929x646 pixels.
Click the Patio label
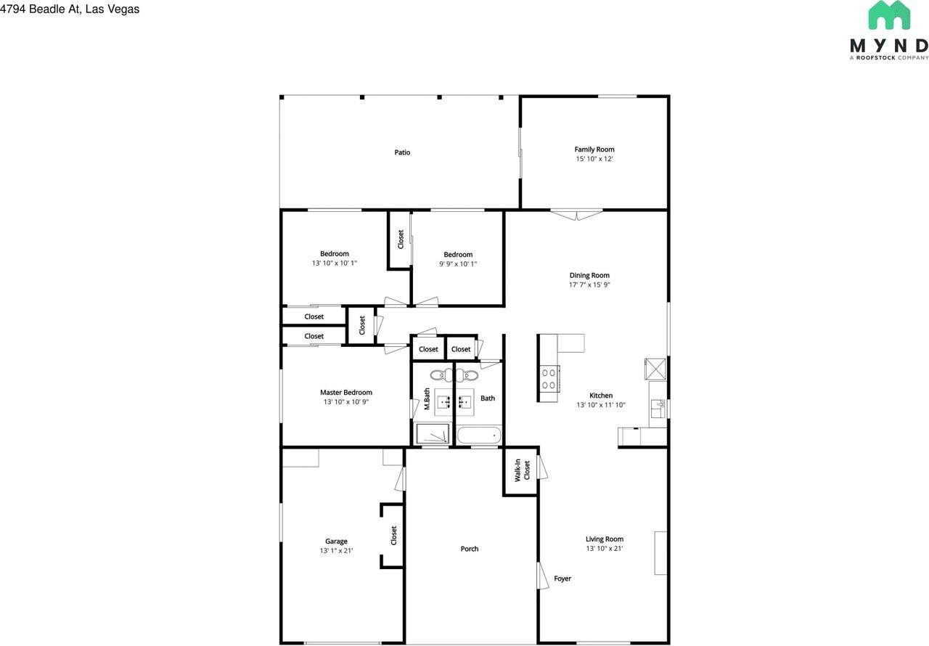click(x=402, y=152)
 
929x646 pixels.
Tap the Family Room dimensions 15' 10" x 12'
click(x=594, y=159)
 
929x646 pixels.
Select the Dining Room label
click(x=589, y=275)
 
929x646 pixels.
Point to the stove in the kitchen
click(x=549, y=377)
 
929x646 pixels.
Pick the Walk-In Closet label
click(x=523, y=470)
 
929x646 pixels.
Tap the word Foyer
click(x=562, y=578)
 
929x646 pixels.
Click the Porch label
click(x=470, y=549)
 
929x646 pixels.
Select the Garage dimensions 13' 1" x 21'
click(x=336, y=551)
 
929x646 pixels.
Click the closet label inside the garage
click(x=394, y=536)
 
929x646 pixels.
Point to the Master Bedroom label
click(x=346, y=393)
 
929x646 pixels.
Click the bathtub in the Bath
click(x=479, y=436)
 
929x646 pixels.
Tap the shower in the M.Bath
click(x=433, y=435)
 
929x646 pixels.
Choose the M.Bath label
click(x=427, y=400)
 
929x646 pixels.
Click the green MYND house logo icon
click(x=889, y=16)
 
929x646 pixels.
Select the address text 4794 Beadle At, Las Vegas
click(x=70, y=9)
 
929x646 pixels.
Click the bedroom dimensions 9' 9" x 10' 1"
click(x=458, y=264)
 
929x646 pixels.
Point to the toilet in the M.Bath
click(x=439, y=375)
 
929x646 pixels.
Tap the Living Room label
click(x=605, y=539)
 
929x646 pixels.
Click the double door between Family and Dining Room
click(x=576, y=213)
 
